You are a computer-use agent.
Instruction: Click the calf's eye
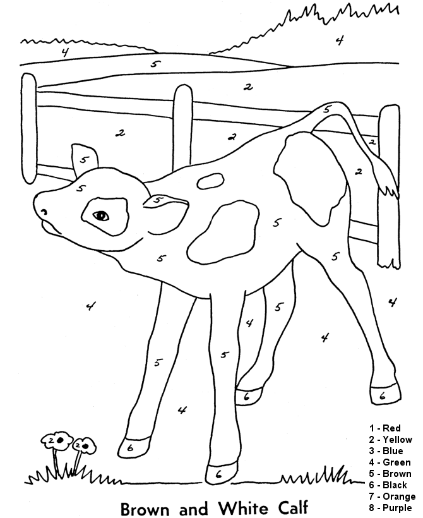[100, 215]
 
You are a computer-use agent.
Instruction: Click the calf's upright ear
[83, 159]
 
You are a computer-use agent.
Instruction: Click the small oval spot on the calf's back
[210, 181]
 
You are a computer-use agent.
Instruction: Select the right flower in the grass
[84, 445]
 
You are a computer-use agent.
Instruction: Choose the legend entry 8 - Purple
[390, 507]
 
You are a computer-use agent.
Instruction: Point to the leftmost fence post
[29, 129]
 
